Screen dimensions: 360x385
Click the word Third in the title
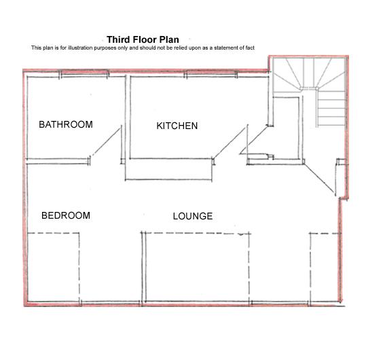pos(120,39)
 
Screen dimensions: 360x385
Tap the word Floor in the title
pos(145,39)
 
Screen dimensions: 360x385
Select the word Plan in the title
pos(169,39)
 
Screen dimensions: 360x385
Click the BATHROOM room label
pos(65,124)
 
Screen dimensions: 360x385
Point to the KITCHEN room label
pos(177,126)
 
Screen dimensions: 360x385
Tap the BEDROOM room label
pos(66,216)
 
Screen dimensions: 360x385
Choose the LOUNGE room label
pos(193,217)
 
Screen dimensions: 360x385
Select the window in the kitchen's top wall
pos(196,75)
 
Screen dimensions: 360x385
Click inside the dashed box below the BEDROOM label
pos(54,268)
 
